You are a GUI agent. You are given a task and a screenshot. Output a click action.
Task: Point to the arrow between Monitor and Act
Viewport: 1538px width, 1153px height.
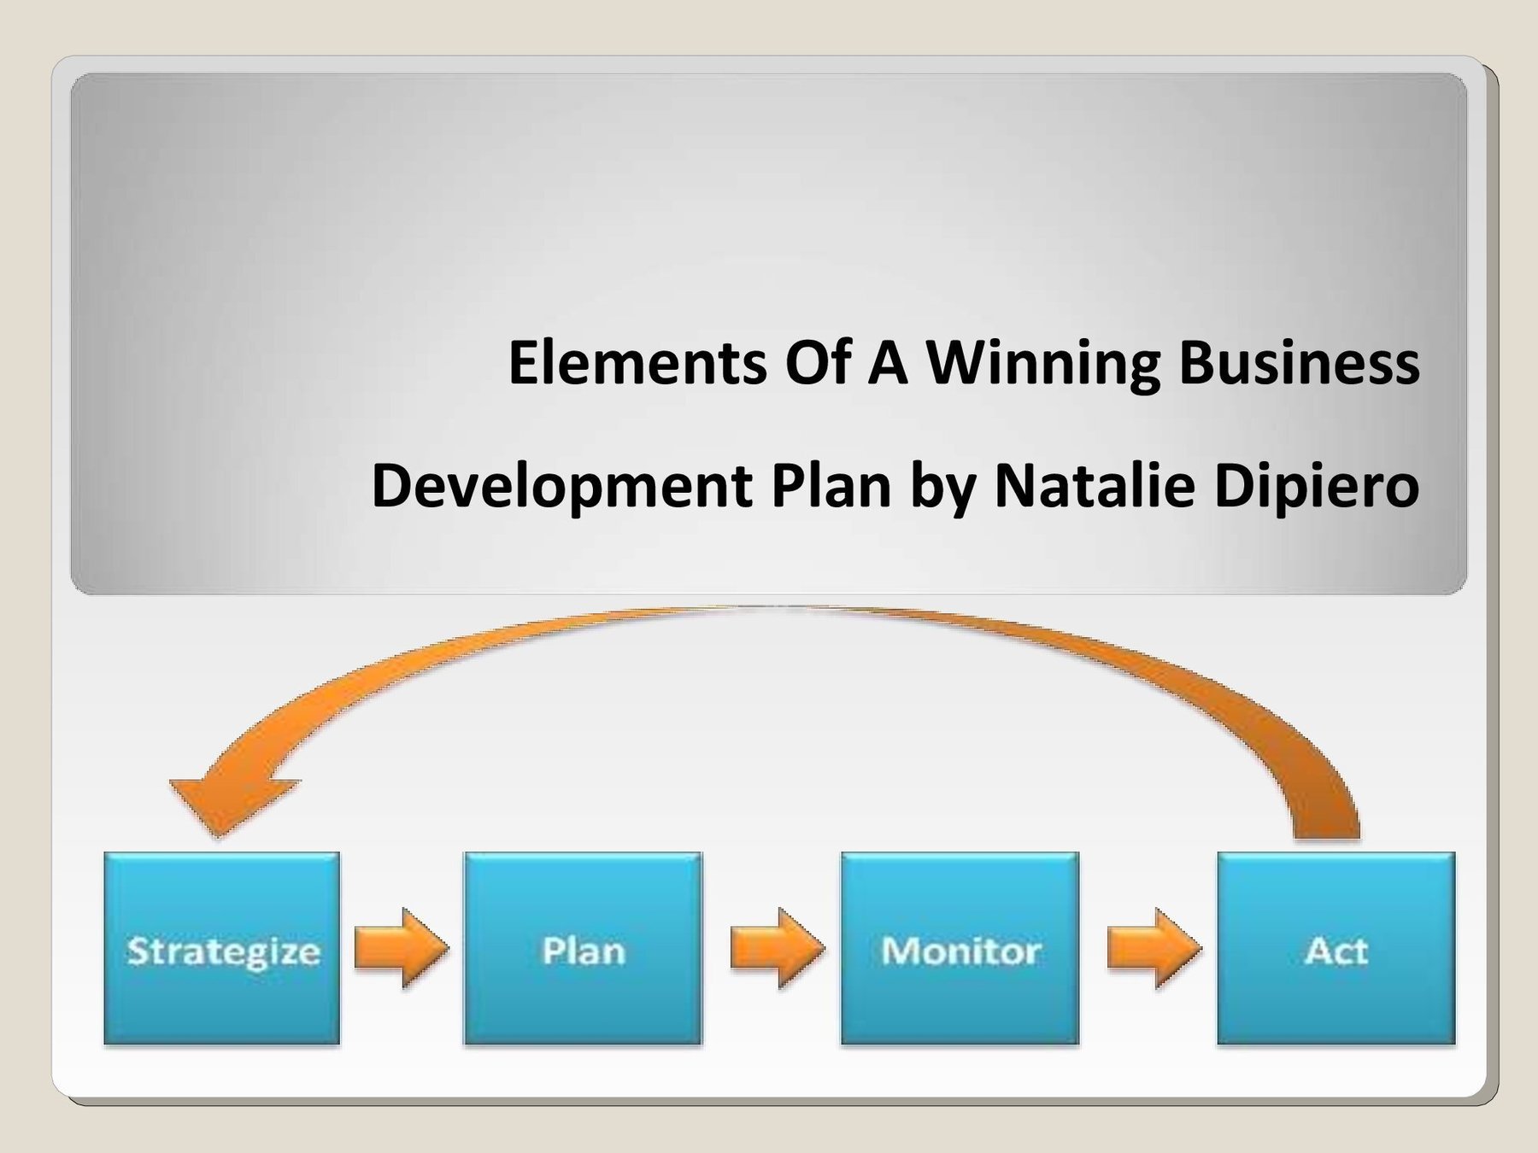pyautogui.click(x=1154, y=948)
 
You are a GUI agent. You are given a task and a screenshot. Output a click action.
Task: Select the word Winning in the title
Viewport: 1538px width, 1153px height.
pyautogui.click(x=1044, y=362)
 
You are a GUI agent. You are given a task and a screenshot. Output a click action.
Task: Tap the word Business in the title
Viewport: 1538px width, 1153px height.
pyautogui.click(x=1299, y=362)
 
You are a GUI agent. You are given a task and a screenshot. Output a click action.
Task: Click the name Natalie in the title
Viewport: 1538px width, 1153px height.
pyautogui.click(x=1094, y=485)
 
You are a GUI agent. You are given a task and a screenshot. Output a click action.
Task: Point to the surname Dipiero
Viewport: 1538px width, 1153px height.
pyautogui.click(x=1316, y=485)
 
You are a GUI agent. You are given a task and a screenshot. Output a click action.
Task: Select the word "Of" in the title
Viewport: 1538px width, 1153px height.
pyautogui.click(x=818, y=362)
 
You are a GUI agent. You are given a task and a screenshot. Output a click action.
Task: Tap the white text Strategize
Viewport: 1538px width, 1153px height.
pyautogui.click(x=223, y=951)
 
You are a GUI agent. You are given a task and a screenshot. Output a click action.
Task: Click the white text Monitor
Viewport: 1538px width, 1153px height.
pyautogui.click(x=960, y=951)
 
